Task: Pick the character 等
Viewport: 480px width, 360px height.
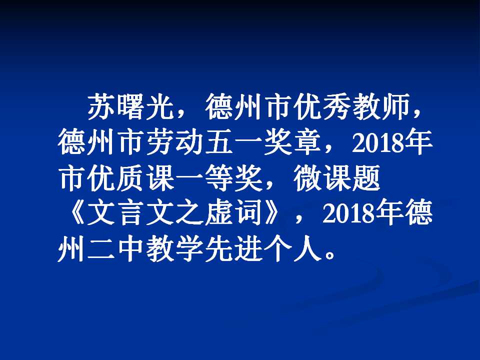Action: click(219, 178)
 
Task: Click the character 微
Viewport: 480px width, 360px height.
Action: click(307, 178)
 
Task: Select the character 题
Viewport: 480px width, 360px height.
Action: click(366, 178)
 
